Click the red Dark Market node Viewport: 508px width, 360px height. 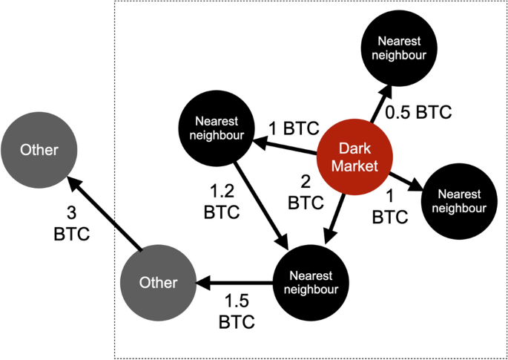coord(354,157)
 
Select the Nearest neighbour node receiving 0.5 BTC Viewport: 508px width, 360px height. coord(399,48)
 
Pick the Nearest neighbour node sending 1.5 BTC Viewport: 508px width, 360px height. coord(311,283)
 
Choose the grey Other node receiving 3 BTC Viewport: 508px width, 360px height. coord(39,150)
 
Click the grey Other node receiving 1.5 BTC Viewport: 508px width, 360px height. coord(158,283)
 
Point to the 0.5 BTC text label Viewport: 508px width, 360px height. coord(418,112)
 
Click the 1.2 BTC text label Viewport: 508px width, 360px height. coord(222,203)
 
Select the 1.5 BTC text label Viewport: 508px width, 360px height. coord(237,312)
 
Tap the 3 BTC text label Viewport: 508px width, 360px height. coord(72,224)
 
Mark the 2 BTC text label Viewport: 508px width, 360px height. coord(306,193)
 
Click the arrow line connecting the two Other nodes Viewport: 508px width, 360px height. coord(104,214)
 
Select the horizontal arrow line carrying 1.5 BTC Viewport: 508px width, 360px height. coord(234,283)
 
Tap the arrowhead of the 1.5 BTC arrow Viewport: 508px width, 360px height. coord(202,283)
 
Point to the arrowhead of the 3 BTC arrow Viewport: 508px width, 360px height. coord(73,183)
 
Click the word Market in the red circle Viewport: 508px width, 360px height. coord(355,166)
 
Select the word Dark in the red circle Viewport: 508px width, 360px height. coord(354,149)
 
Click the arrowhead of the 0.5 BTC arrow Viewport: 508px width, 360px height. coord(388,91)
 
